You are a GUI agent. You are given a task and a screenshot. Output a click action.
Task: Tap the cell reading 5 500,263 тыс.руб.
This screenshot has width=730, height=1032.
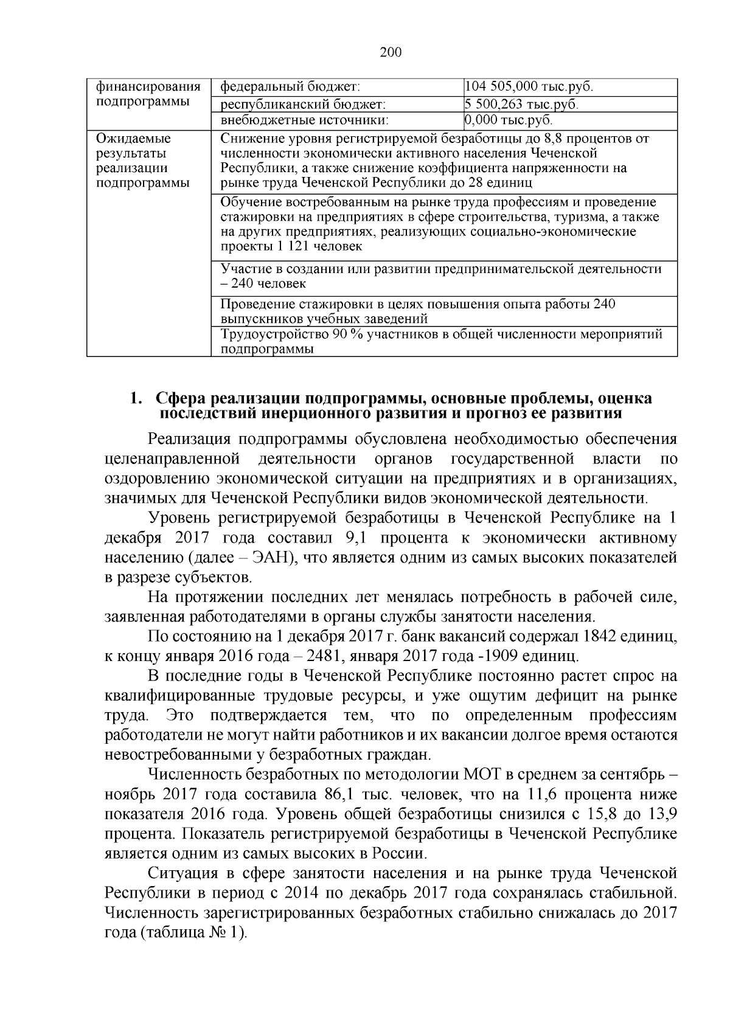click(x=521, y=104)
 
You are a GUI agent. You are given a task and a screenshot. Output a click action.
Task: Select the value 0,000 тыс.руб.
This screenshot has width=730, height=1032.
click(x=509, y=120)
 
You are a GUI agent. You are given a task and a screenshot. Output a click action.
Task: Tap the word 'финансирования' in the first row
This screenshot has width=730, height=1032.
click(x=148, y=86)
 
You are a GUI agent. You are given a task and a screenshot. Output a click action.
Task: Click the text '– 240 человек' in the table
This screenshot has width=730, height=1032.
click(x=263, y=284)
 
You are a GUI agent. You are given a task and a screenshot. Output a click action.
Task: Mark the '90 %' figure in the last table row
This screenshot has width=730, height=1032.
click(x=346, y=334)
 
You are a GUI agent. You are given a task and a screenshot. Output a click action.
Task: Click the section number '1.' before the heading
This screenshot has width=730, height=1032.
click(x=136, y=399)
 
